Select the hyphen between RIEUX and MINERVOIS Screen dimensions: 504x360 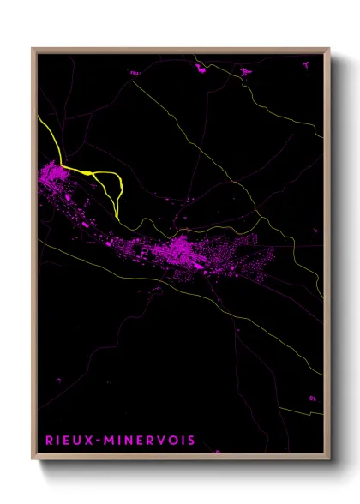tap(95, 441)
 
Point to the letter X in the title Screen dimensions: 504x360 tap(86, 441)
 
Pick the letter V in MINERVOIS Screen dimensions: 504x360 tap(158, 441)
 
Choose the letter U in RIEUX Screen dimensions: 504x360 tap(76, 441)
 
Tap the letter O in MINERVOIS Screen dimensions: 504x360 tap(170, 441)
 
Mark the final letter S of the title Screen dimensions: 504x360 tap(190, 441)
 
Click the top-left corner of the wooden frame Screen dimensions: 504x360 tap(33, 49)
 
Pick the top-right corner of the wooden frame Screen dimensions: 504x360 tap(330, 49)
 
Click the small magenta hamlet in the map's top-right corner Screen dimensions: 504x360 tap(245, 73)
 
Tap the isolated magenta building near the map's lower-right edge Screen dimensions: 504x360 tap(313, 396)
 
